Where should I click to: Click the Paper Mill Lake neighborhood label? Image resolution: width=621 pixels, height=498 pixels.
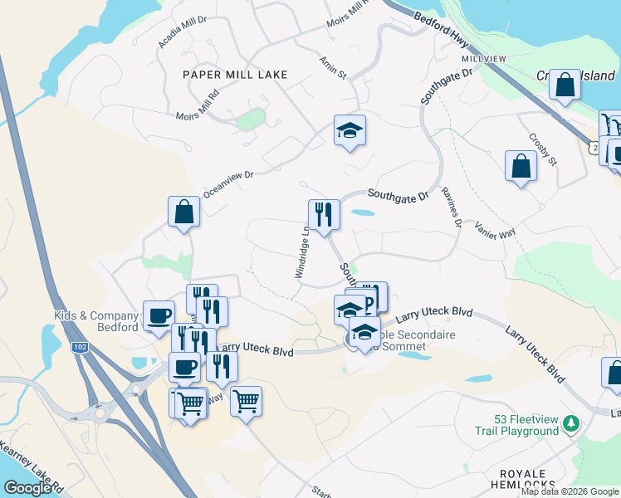click(235, 75)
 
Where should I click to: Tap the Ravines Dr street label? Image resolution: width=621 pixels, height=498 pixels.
click(452, 206)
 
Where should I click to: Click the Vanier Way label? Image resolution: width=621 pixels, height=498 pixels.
click(495, 230)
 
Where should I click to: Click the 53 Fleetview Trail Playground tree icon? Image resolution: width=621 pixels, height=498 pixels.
click(570, 424)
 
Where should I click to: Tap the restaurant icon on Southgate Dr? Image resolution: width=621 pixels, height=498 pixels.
click(323, 215)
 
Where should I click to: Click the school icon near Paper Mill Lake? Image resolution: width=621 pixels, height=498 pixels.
click(350, 130)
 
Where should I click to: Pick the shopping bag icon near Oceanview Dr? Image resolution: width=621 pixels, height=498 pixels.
click(183, 212)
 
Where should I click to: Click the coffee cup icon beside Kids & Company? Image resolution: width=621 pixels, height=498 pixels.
click(158, 315)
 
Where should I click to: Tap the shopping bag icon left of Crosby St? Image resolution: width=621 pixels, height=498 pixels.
click(520, 166)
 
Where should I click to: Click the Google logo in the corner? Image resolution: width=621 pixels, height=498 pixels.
click(27, 488)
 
